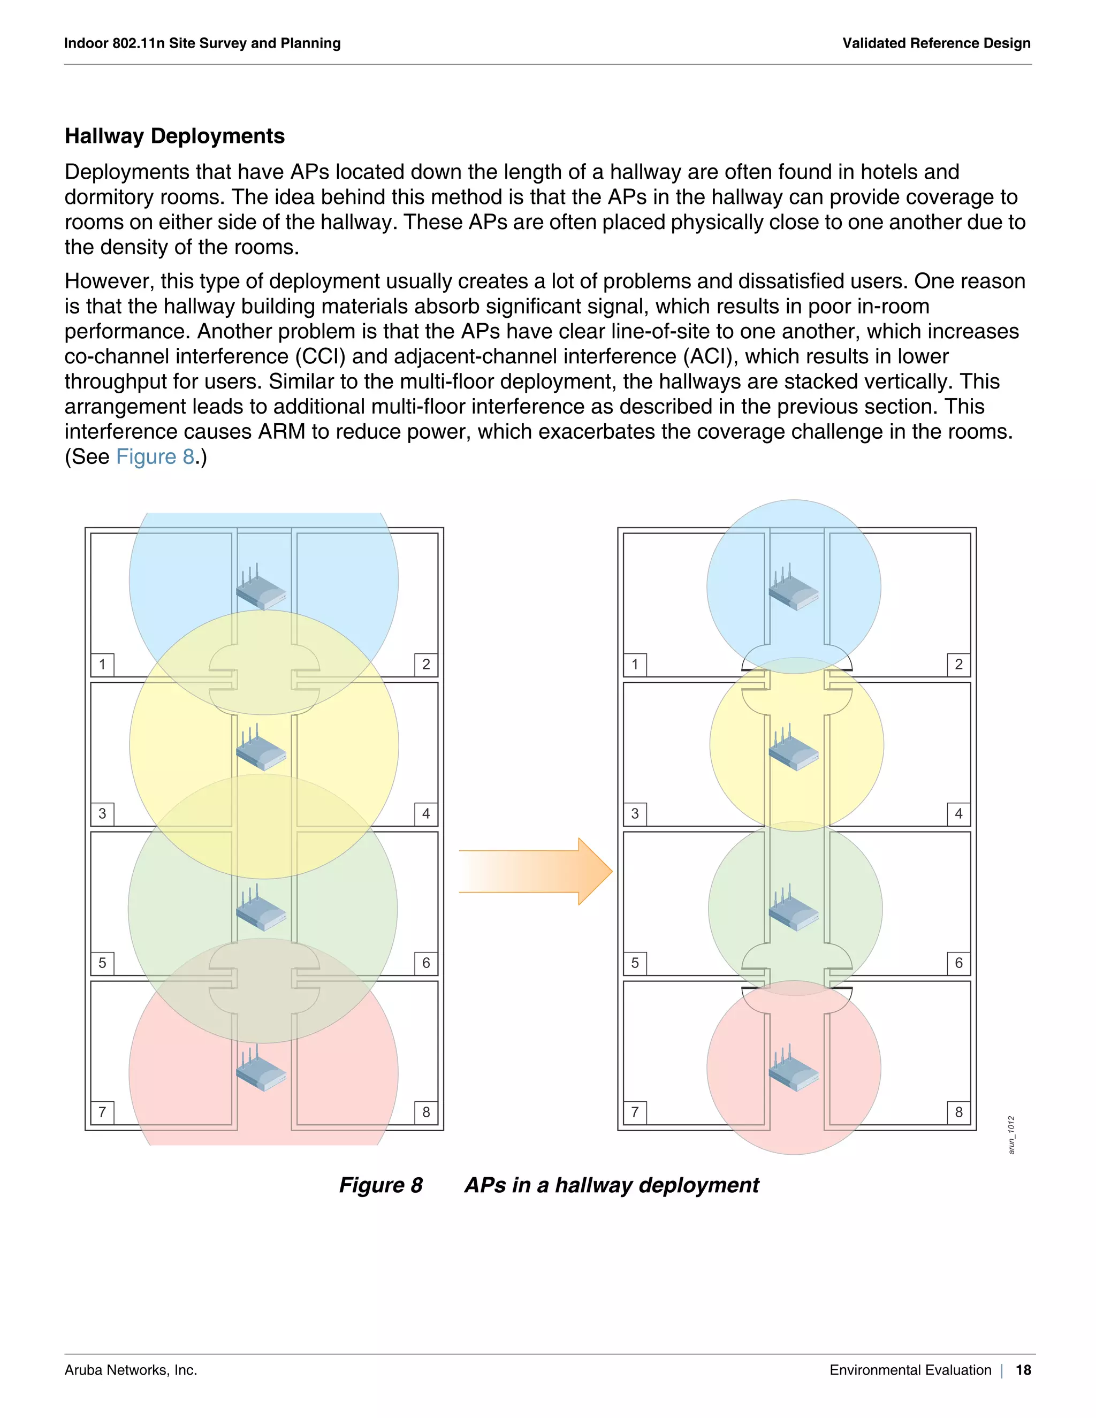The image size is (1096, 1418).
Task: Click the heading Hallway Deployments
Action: click(x=174, y=136)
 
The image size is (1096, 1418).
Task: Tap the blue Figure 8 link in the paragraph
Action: click(x=155, y=456)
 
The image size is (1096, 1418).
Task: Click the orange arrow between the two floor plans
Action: click(x=536, y=871)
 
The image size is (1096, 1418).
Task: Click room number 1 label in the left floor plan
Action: click(x=102, y=664)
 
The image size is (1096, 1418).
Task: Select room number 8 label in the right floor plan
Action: click(x=958, y=1112)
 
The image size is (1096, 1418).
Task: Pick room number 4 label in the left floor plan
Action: click(x=426, y=813)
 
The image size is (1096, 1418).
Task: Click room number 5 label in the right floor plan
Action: click(x=635, y=963)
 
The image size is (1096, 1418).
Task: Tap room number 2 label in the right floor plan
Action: click(x=958, y=664)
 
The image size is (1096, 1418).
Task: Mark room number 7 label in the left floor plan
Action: click(x=102, y=1112)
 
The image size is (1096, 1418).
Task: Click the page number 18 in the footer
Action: click(x=1023, y=1370)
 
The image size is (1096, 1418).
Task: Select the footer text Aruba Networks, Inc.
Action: click(x=131, y=1370)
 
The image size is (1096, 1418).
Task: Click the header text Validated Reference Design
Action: click(x=937, y=43)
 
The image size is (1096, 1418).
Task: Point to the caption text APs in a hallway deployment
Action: click(x=611, y=1185)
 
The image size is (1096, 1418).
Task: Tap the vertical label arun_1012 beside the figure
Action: click(x=1011, y=1135)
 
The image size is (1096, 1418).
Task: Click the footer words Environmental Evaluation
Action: click(x=910, y=1370)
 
